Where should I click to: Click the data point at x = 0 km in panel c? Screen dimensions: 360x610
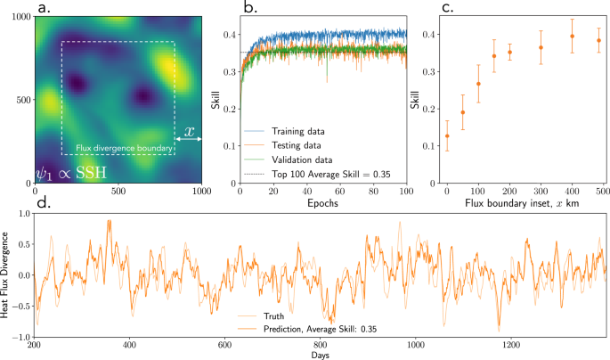click(446, 135)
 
